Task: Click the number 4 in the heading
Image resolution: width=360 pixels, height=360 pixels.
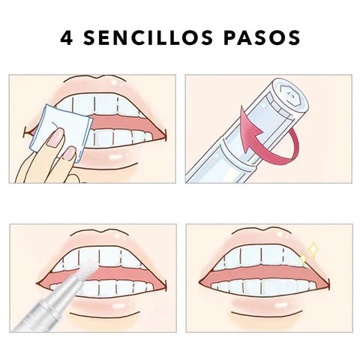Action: click(68, 37)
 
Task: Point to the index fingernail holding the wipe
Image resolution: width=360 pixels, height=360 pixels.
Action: click(56, 137)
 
